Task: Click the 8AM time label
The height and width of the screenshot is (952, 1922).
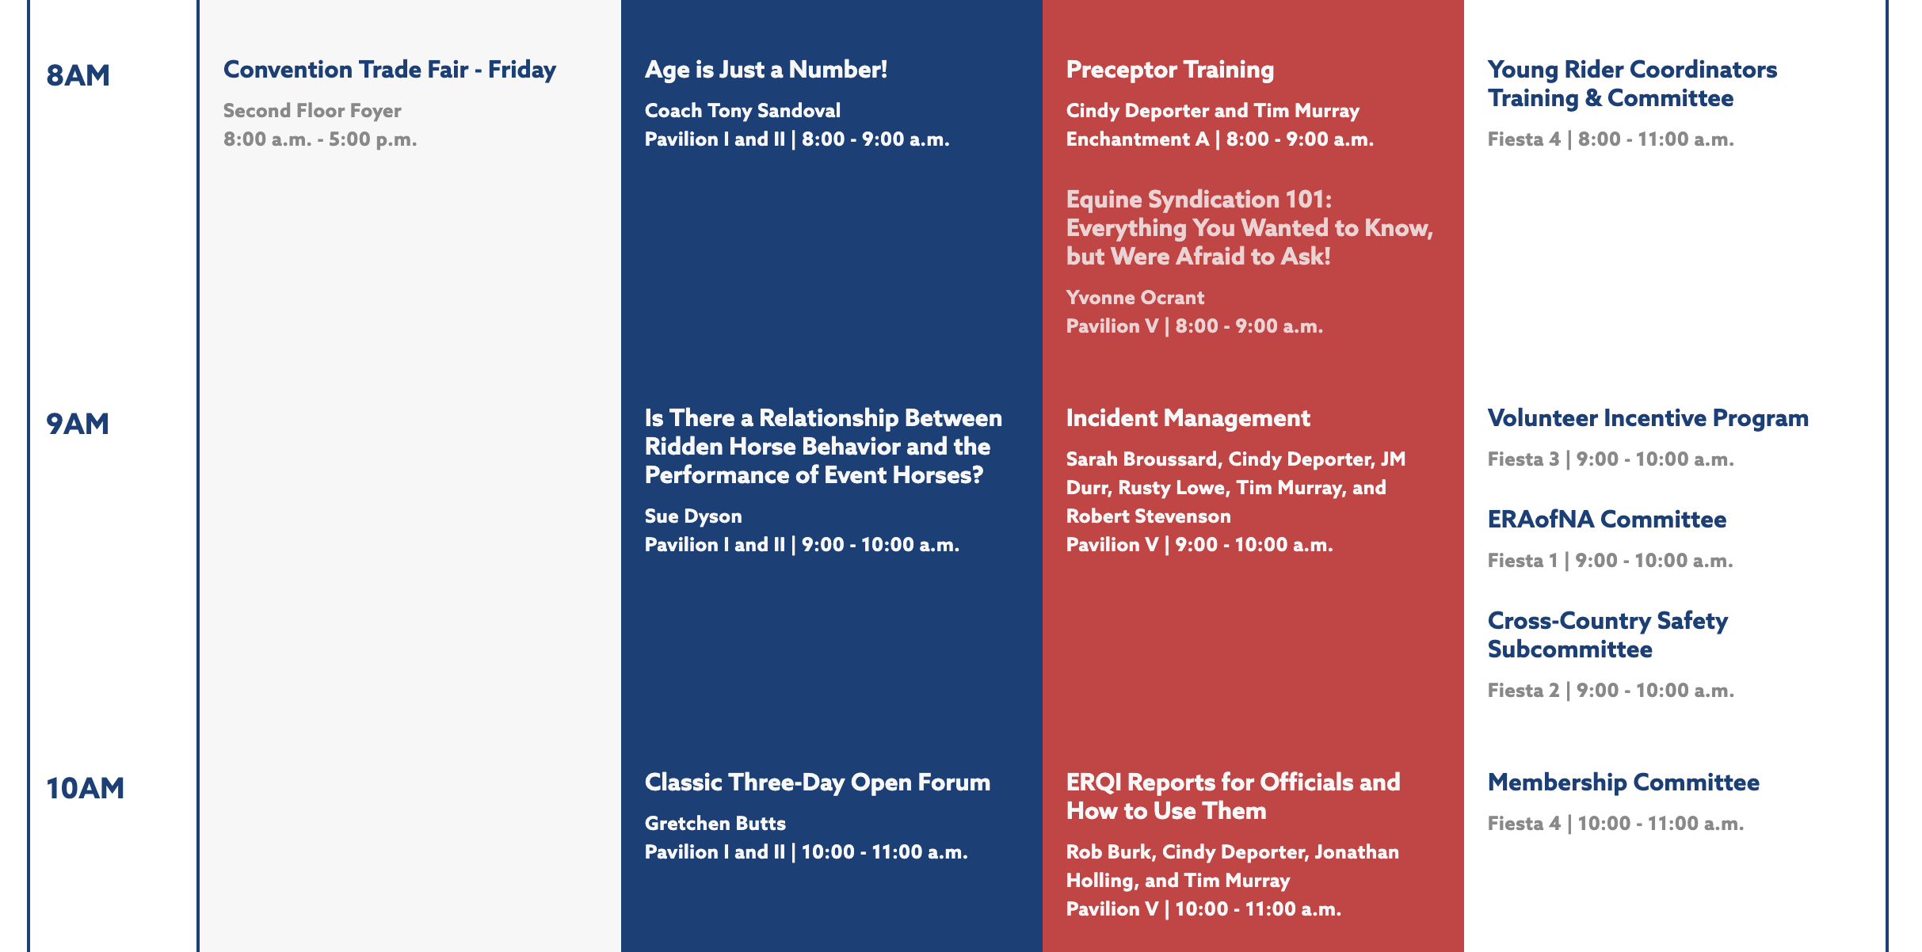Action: click(x=78, y=75)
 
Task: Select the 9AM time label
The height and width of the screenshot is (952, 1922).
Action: click(x=78, y=424)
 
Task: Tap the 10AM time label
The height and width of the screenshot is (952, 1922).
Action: click(x=86, y=788)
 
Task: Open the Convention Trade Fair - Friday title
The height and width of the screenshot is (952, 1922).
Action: click(x=390, y=70)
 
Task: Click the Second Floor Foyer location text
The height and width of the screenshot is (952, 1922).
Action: click(x=312, y=111)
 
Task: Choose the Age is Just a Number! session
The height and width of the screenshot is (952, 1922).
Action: click(x=766, y=70)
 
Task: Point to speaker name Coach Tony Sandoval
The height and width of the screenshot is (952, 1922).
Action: click(x=742, y=111)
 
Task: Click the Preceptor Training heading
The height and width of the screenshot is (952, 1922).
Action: click(x=1170, y=70)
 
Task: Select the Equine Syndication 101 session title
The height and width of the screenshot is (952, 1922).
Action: click(x=1250, y=228)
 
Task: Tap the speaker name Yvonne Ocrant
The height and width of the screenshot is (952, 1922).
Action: click(x=1135, y=298)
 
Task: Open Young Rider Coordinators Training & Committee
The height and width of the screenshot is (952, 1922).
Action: click(x=1633, y=84)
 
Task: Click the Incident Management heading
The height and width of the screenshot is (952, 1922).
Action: click(x=1188, y=418)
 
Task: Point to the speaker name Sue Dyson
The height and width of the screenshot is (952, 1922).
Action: click(x=693, y=516)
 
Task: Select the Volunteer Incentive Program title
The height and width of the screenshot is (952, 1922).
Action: click(x=1648, y=418)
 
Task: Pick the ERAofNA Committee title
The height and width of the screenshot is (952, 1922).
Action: click(x=1607, y=520)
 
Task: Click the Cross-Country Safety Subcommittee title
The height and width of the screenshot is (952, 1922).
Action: click(x=1608, y=635)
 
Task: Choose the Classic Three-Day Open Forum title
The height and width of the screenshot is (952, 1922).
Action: click(x=818, y=783)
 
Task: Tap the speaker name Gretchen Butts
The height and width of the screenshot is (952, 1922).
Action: click(x=715, y=824)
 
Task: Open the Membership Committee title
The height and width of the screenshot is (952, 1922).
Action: click(x=1623, y=783)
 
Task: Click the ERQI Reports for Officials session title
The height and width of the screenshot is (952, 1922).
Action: click(x=1234, y=797)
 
